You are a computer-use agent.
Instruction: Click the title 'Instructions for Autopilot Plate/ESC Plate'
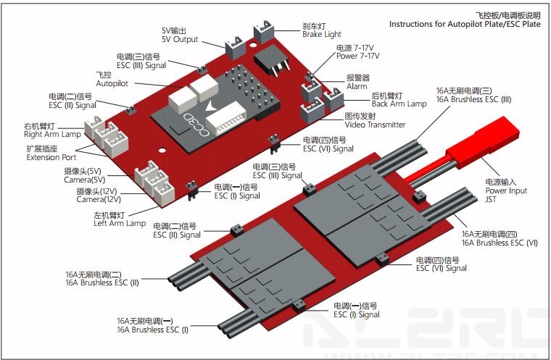pos(465,24)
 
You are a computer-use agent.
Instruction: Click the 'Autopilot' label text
pos(112,83)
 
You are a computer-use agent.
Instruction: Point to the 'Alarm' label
pos(357,86)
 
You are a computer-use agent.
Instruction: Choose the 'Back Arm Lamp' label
pos(399,104)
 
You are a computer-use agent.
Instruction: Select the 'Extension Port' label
pos(51,157)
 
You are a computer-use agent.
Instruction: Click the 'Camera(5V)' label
pos(84,180)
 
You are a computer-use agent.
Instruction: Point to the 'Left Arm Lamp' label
pos(120,223)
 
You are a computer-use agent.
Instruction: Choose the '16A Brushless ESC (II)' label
pos(101,282)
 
